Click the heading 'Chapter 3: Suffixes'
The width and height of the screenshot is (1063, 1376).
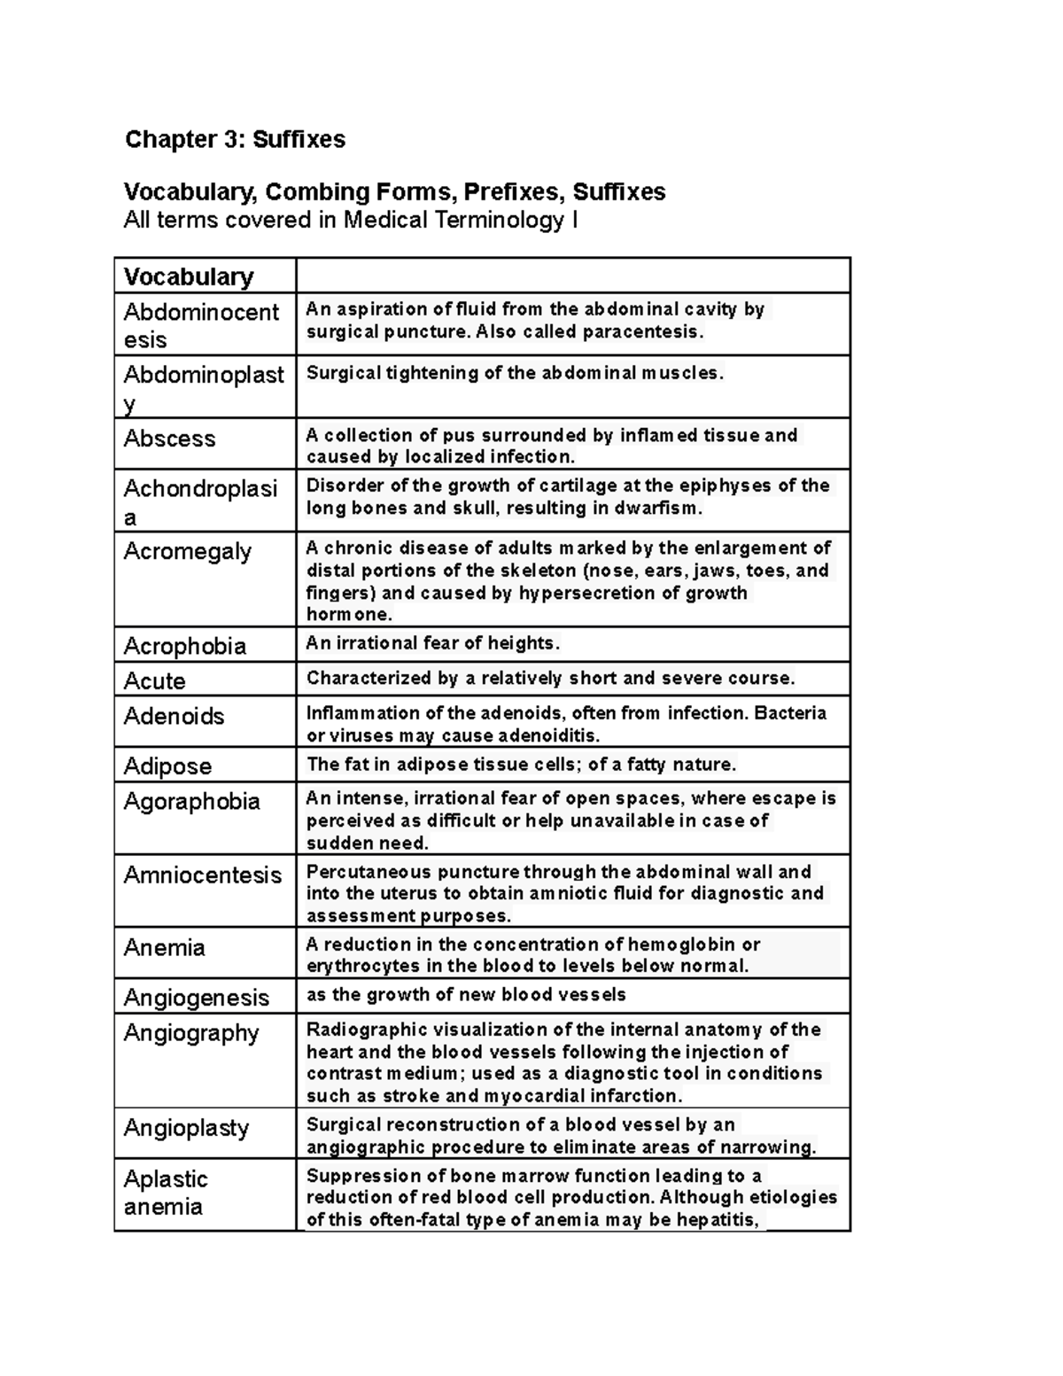pos(235,139)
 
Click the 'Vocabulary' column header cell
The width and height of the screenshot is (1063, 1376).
pos(189,276)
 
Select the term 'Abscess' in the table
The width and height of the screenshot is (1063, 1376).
pos(169,439)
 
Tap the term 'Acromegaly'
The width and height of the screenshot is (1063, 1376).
pos(188,551)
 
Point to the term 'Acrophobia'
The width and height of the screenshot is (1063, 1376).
pos(184,646)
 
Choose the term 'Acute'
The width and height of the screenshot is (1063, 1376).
pos(154,681)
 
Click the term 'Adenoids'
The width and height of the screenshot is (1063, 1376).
pos(174,716)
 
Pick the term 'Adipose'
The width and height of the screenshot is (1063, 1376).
pos(167,766)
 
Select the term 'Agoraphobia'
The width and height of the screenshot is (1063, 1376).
pos(191,802)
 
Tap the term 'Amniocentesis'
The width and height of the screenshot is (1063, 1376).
pos(202,875)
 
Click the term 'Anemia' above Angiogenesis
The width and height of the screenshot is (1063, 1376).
pos(164,948)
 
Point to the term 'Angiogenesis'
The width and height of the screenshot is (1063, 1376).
pos(196,998)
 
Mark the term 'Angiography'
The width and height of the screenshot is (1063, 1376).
pos(190,1033)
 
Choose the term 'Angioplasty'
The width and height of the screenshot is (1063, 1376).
pos(186,1128)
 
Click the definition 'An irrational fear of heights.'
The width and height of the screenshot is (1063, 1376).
pos(432,643)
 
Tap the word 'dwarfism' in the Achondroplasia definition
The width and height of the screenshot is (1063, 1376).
pos(661,509)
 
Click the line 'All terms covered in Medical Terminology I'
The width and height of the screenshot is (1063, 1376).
pos(351,220)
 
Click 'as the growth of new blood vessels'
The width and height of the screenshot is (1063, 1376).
pos(466,995)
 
